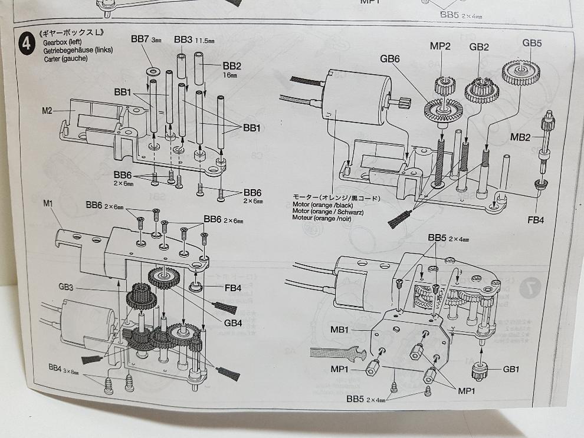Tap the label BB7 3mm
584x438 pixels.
(146, 39)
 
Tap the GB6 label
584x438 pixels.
(390, 59)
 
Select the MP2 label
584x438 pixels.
(440, 47)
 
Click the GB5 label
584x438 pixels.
(531, 43)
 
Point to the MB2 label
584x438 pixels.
(521, 138)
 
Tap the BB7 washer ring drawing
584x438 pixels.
(152, 70)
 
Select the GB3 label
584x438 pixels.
(65, 288)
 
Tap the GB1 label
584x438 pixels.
(511, 370)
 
